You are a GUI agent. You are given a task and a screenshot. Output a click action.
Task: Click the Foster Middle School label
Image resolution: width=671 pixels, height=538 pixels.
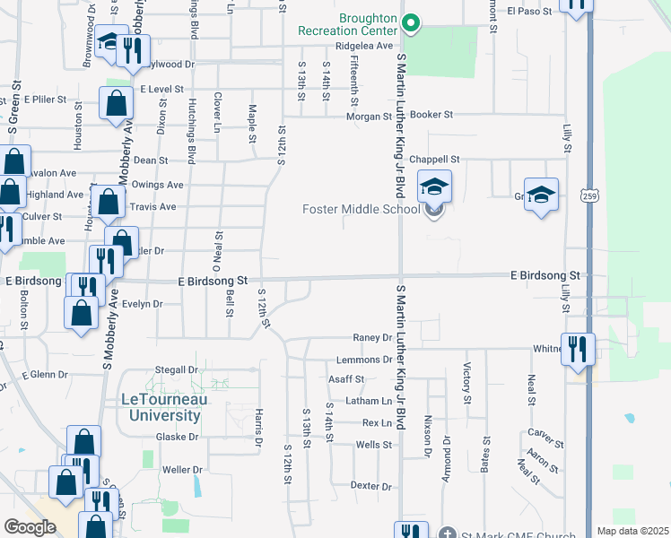(x=360, y=210)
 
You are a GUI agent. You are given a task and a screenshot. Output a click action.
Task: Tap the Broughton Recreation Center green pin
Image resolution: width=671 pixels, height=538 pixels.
(x=411, y=23)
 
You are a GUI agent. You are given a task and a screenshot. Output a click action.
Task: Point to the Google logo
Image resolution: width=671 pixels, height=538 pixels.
(x=30, y=526)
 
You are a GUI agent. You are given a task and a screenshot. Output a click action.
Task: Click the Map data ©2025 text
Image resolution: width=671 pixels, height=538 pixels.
(x=632, y=531)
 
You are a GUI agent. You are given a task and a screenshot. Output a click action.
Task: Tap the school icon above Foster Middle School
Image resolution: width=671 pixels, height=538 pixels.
(x=434, y=187)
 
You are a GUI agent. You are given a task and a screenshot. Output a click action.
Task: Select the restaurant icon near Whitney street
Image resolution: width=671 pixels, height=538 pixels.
(x=577, y=348)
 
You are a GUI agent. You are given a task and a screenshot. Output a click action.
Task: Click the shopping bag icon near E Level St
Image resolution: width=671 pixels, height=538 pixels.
(x=117, y=104)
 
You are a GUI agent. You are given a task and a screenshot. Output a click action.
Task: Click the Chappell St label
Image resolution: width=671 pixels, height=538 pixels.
(x=434, y=159)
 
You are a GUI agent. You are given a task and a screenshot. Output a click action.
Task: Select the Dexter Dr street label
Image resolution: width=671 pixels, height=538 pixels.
(x=371, y=486)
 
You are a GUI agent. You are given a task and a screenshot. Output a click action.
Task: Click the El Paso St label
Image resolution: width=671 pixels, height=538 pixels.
(x=526, y=12)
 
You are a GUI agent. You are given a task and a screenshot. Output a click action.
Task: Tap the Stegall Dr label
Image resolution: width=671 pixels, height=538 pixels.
(x=176, y=369)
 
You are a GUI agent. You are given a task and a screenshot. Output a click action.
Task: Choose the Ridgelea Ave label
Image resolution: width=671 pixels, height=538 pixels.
(x=364, y=46)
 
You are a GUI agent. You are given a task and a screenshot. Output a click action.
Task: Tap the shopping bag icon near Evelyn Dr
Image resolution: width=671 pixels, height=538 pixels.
(x=81, y=313)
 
